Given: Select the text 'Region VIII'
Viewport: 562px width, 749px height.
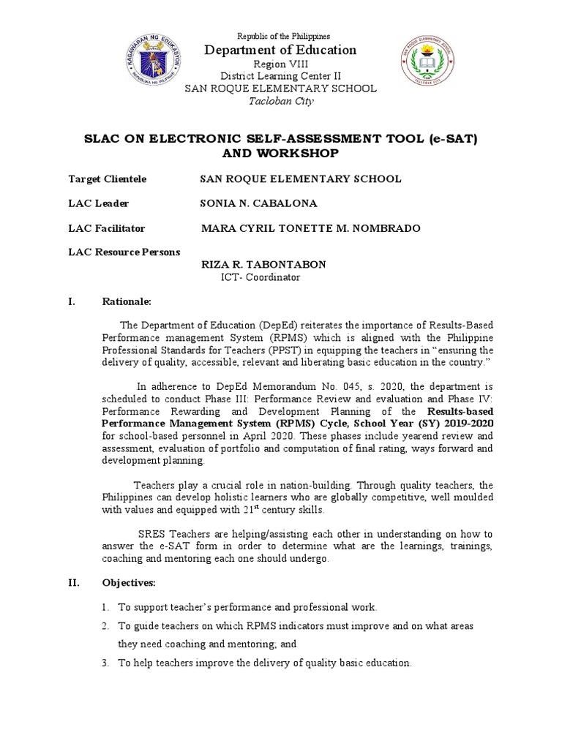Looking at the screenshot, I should (280, 64).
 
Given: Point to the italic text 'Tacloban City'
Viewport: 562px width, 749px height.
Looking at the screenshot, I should (280, 101).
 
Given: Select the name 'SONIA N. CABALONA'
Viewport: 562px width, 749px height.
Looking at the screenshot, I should (259, 203).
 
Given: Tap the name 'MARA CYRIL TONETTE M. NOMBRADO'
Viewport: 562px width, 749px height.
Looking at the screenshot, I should (310, 228).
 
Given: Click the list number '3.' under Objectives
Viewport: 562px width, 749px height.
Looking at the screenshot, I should (106, 663).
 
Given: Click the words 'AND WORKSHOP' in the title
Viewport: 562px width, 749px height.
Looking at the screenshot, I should (280, 154).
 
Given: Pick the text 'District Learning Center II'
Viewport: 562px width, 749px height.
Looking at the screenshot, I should (280, 77).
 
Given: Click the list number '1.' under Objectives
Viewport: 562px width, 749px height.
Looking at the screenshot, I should (106, 607).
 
